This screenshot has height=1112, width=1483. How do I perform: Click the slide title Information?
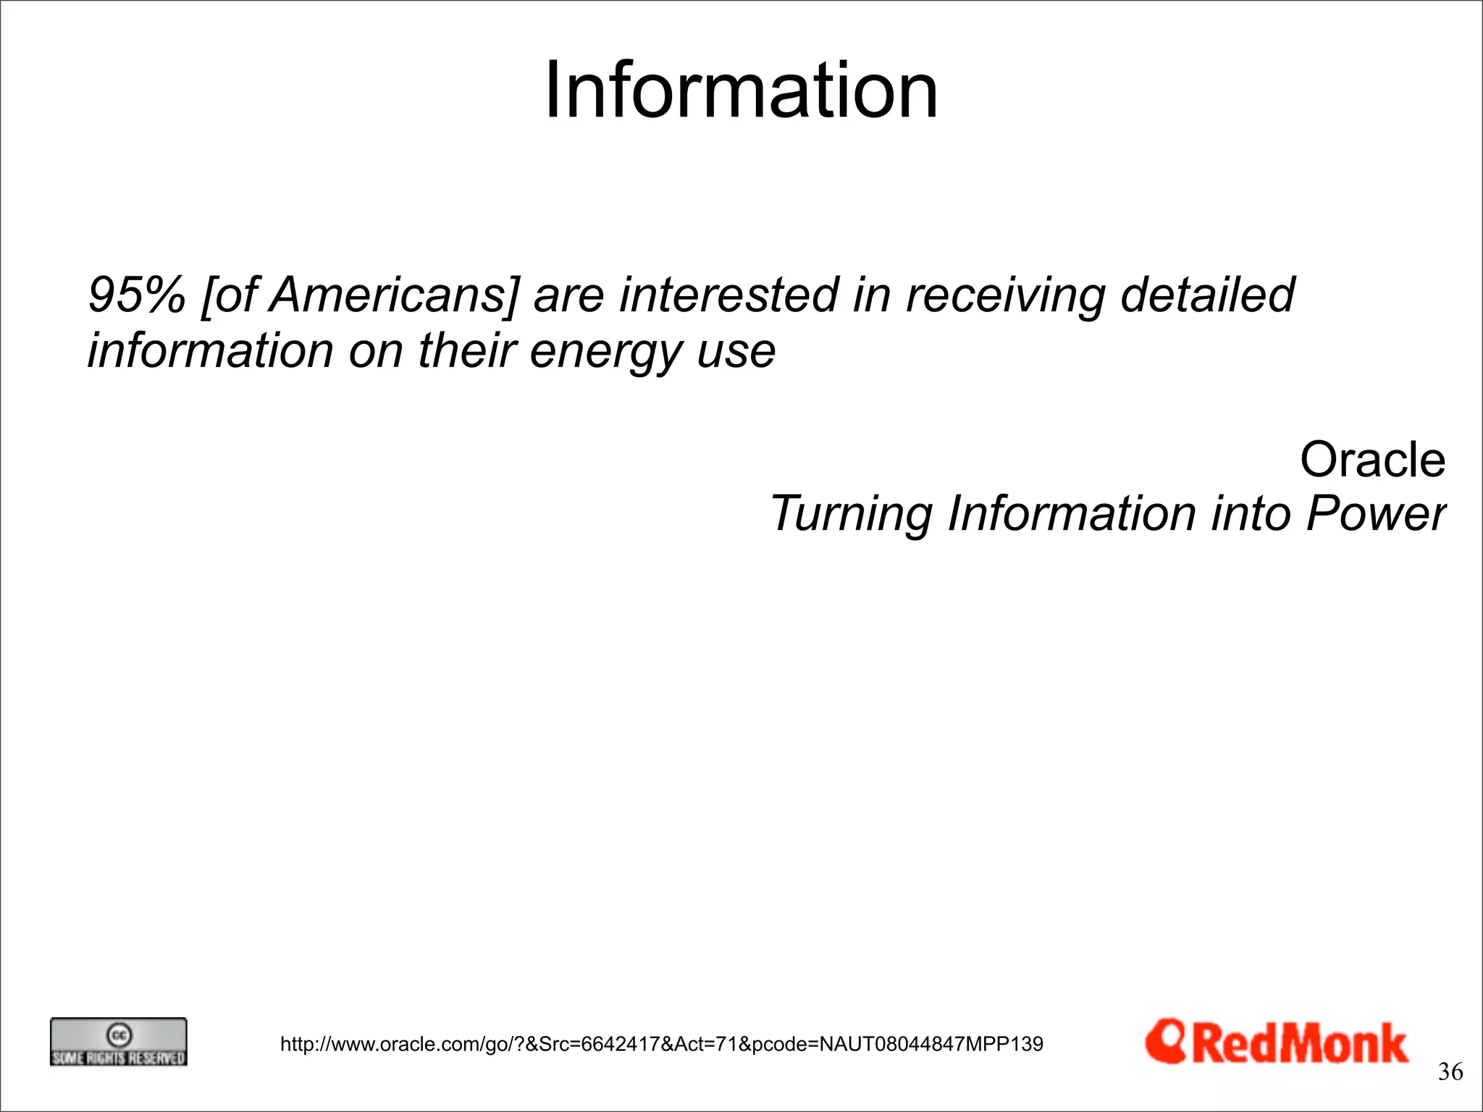[741, 90]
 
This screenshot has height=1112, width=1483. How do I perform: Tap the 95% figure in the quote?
[137, 295]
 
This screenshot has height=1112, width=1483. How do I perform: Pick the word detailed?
[1207, 295]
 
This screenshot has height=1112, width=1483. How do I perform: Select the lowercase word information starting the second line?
[210, 350]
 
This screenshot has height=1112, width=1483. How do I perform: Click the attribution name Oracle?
[1372, 460]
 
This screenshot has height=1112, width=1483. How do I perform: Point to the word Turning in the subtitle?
[852, 513]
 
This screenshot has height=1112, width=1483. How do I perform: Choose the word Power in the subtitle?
[1376, 513]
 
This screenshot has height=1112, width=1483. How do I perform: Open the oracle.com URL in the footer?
[661, 1044]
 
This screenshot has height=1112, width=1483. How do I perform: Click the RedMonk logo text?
[1300, 1044]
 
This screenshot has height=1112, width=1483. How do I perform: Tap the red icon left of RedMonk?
[1165, 1041]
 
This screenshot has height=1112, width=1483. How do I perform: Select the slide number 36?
[1450, 1071]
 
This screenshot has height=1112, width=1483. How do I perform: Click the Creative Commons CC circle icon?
[118, 1035]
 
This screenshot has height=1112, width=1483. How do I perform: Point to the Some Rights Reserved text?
[118, 1058]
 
